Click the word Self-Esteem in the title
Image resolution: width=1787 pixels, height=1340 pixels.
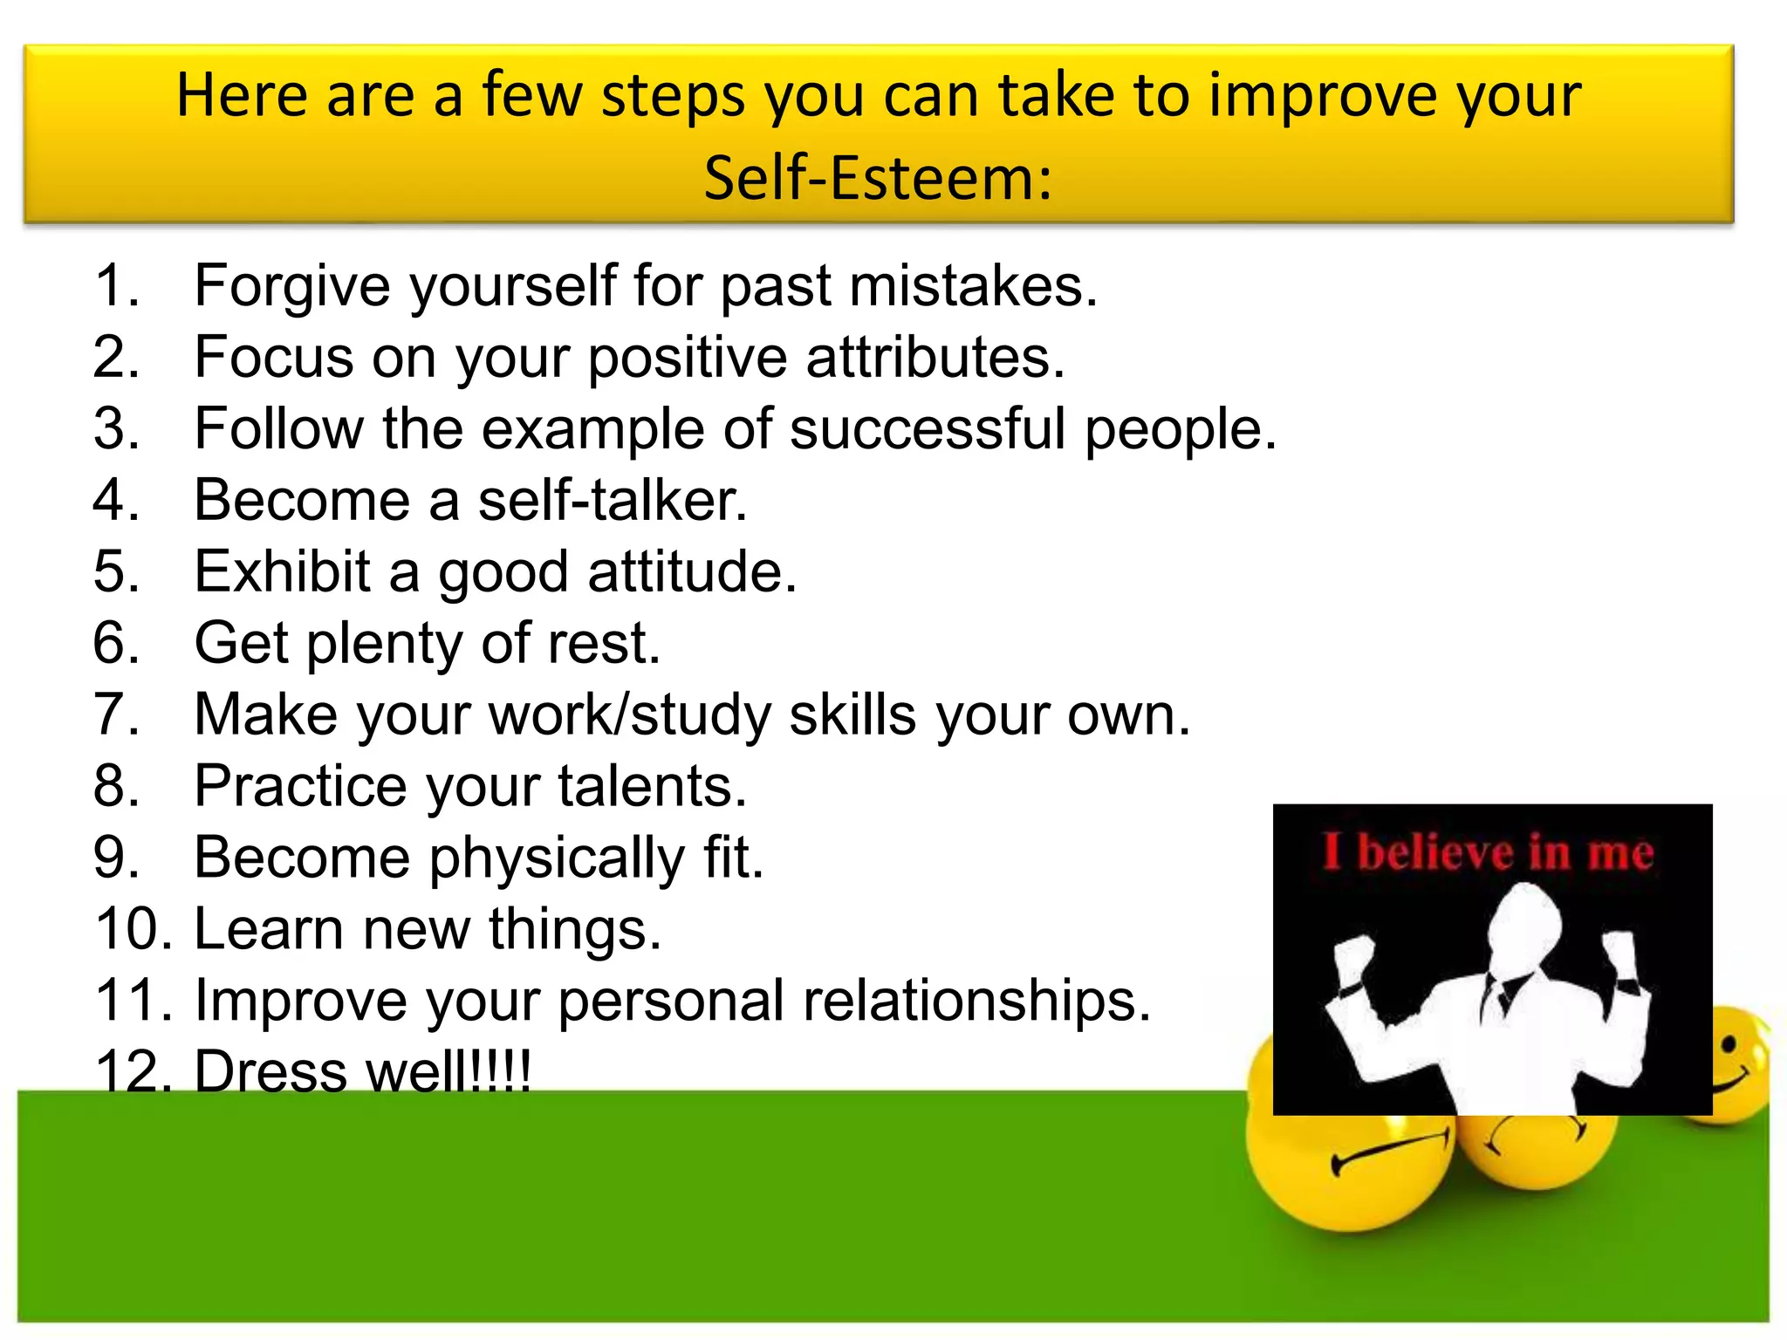click(878, 179)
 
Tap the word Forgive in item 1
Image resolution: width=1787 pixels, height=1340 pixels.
click(294, 286)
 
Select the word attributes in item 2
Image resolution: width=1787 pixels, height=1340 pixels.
click(935, 358)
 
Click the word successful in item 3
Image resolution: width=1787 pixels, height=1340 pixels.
click(928, 429)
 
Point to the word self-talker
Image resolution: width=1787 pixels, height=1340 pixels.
click(613, 501)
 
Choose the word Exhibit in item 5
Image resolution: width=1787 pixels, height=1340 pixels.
click(282, 572)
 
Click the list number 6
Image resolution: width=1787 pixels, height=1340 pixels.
click(115, 644)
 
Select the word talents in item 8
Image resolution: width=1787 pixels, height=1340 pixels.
click(652, 787)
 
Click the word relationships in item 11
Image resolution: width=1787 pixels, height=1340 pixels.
click(976, 1002)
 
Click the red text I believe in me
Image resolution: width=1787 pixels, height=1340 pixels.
click(1489, 852)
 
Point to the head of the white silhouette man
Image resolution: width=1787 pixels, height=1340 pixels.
click(1523, 925)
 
